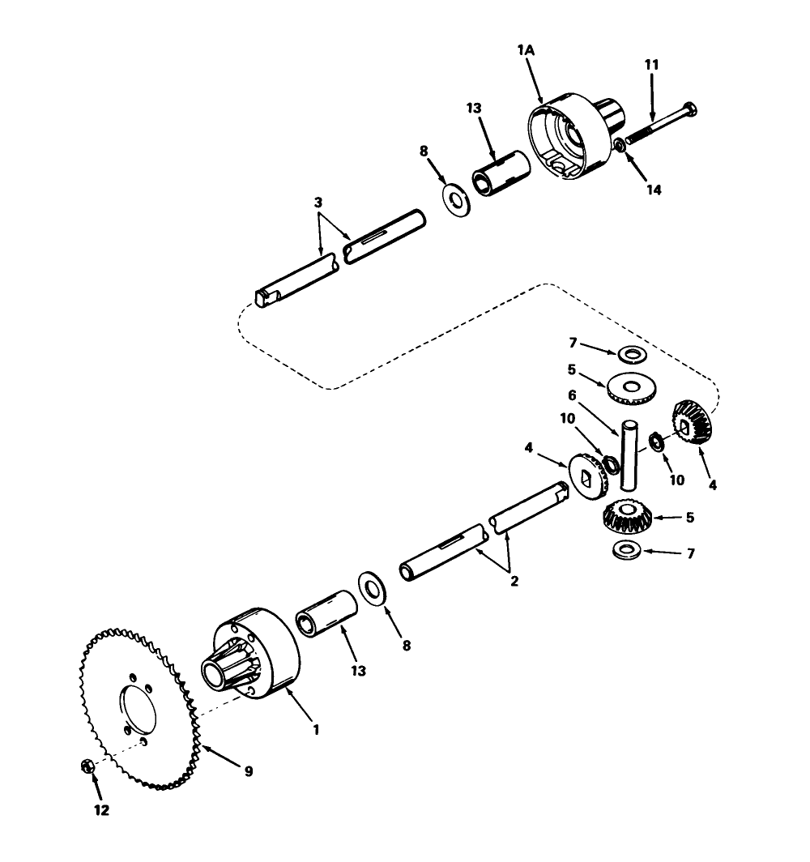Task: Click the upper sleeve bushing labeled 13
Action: click(500, 170)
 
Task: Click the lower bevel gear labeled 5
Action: click(625, 516)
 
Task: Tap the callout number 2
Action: click(512, 580)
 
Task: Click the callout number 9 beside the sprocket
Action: click(248, 771)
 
